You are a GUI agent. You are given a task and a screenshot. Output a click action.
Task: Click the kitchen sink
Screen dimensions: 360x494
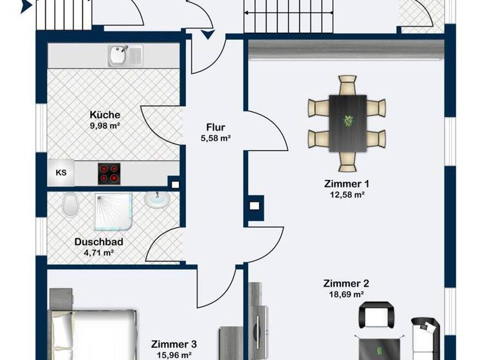click(x=125, y=55)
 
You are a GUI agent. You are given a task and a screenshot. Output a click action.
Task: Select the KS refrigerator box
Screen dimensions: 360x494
click(x=61, y=172)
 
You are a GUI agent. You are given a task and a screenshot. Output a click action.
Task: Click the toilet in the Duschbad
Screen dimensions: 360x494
click(x=71, y=206)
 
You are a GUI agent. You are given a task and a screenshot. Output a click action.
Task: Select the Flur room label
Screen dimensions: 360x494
click(x=215, y=127)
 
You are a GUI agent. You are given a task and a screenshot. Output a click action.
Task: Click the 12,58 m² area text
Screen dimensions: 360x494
click(x=346, y=194)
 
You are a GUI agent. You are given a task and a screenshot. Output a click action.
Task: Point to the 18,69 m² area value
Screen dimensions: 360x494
click(x=345, y=294)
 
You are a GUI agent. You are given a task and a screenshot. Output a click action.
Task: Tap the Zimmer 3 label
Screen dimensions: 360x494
click(x=174, y=344)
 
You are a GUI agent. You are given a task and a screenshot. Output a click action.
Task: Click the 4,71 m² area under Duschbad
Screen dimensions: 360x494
click(x=98, y=253)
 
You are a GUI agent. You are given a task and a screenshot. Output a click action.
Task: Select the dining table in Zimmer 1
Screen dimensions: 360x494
click(x=347, y=123)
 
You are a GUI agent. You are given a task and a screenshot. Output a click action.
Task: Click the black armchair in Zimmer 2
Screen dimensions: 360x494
click(x=375, y=316)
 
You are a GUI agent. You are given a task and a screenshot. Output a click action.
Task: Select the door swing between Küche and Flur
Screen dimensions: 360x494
click(x=161, y=125)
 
